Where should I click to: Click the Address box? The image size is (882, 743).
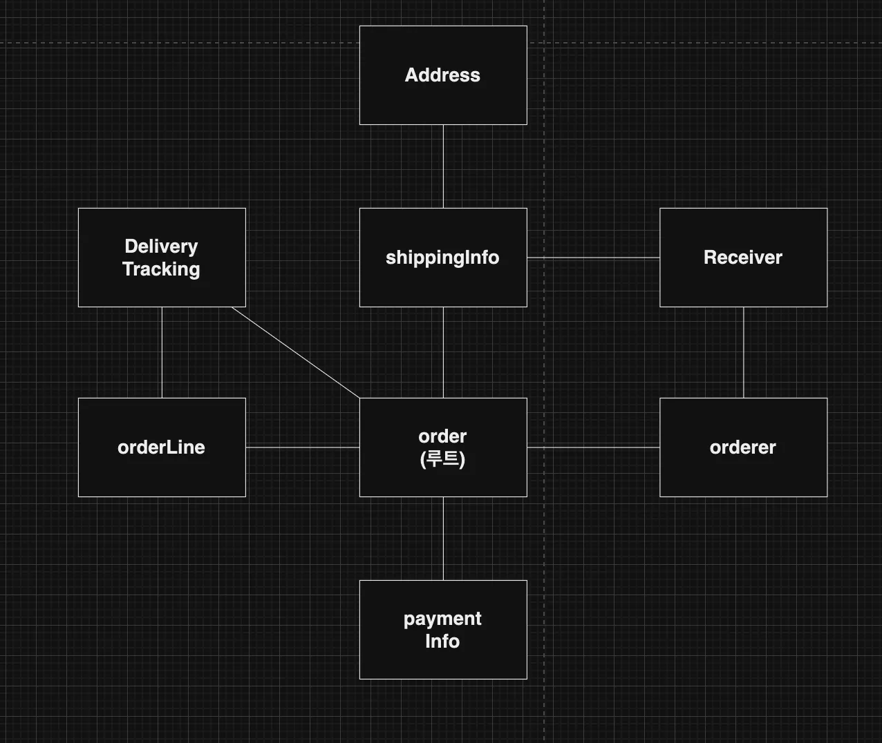[x=443, y=75]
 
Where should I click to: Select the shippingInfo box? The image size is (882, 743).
[x=443, y=258]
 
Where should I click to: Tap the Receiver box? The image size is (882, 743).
[x=743, y=258]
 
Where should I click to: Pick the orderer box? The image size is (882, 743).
[x=743, y=447]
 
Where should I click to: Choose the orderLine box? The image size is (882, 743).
[x=162, y=447]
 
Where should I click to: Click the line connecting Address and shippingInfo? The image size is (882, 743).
[x=443, y=166]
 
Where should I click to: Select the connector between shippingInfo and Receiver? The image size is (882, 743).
[x=593, y=258]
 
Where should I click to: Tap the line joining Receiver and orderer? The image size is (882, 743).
[x=744, y=352]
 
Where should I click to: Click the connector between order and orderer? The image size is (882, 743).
[x=593, y=447]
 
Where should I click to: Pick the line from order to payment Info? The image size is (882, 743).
[x=443, y=539]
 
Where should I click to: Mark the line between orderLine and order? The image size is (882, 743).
[x=303, y=447]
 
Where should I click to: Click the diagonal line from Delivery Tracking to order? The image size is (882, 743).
[x=296, y=353]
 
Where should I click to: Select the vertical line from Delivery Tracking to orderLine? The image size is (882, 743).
[x=162, y=352]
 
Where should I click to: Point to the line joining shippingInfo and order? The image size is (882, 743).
[x=443, y=352]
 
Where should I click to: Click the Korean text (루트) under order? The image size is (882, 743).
[x=442, y=459]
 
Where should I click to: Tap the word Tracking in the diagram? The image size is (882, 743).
[x=161, y=269]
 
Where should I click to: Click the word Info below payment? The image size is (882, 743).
[x=442, y=641]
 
